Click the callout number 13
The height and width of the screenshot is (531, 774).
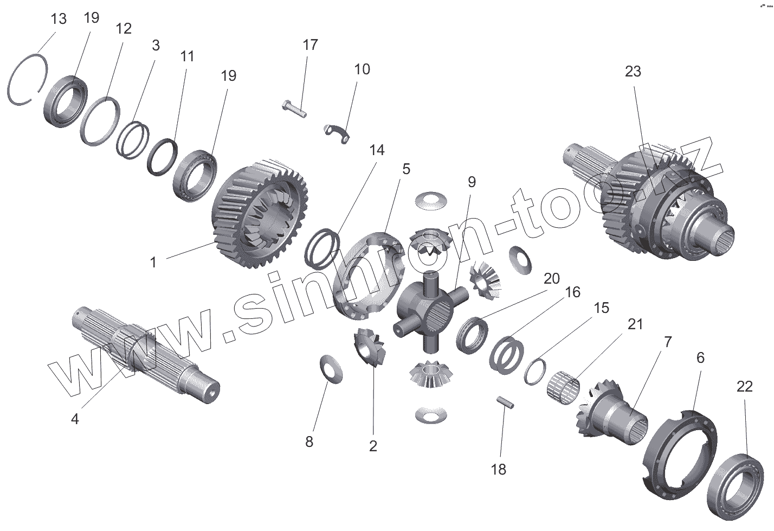pos(59,19)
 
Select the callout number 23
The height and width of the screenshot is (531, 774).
pos(633,71)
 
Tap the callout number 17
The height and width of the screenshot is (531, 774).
pos(310,44)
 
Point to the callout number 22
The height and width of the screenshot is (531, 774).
pos(744,386)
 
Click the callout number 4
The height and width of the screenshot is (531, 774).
pos(75,419)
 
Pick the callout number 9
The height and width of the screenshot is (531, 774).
pos(471,182)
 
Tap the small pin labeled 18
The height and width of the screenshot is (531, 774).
pos(505,403)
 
